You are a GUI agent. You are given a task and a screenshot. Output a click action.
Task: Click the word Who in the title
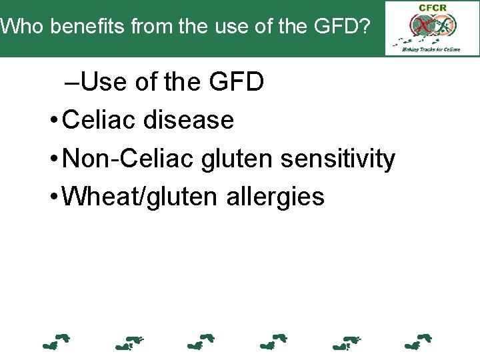tap(23, 27)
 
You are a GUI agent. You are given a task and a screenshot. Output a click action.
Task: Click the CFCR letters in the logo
tap(432, 8)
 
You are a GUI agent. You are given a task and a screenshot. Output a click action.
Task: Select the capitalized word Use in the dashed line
tap(106, 83)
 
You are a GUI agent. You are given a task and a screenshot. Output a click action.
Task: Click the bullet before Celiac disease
tap(53, 121)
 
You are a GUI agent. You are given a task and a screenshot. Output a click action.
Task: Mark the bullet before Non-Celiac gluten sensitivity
tap(53, 160)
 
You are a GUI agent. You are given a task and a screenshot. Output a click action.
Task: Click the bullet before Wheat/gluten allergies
tap(53, 198)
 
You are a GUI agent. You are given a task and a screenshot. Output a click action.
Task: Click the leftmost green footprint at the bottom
tap(56, 342)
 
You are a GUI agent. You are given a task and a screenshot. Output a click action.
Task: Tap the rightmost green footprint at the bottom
tap(419, 342)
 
